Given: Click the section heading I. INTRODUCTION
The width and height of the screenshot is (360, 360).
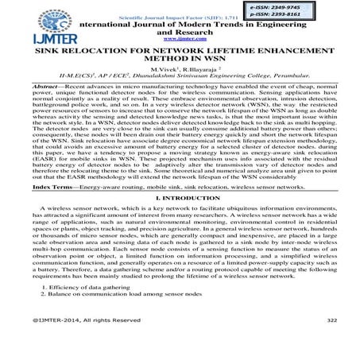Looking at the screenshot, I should click(181, 218).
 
